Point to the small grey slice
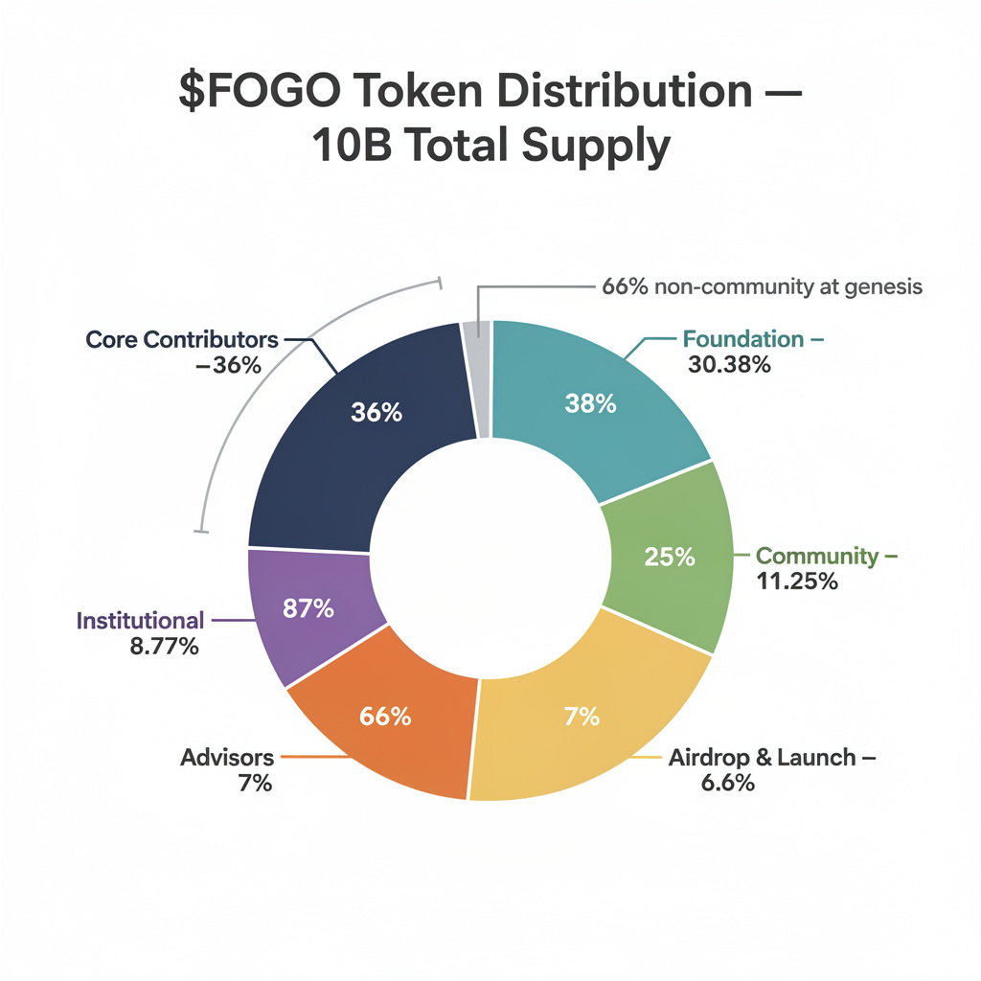coord(477,378)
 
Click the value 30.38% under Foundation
coord(729,364)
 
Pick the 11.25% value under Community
coord(796,581)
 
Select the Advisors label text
coord(227,758)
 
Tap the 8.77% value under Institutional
coord(164,647)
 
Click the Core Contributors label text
coord(182,339)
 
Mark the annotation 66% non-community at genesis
coord(763,286)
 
